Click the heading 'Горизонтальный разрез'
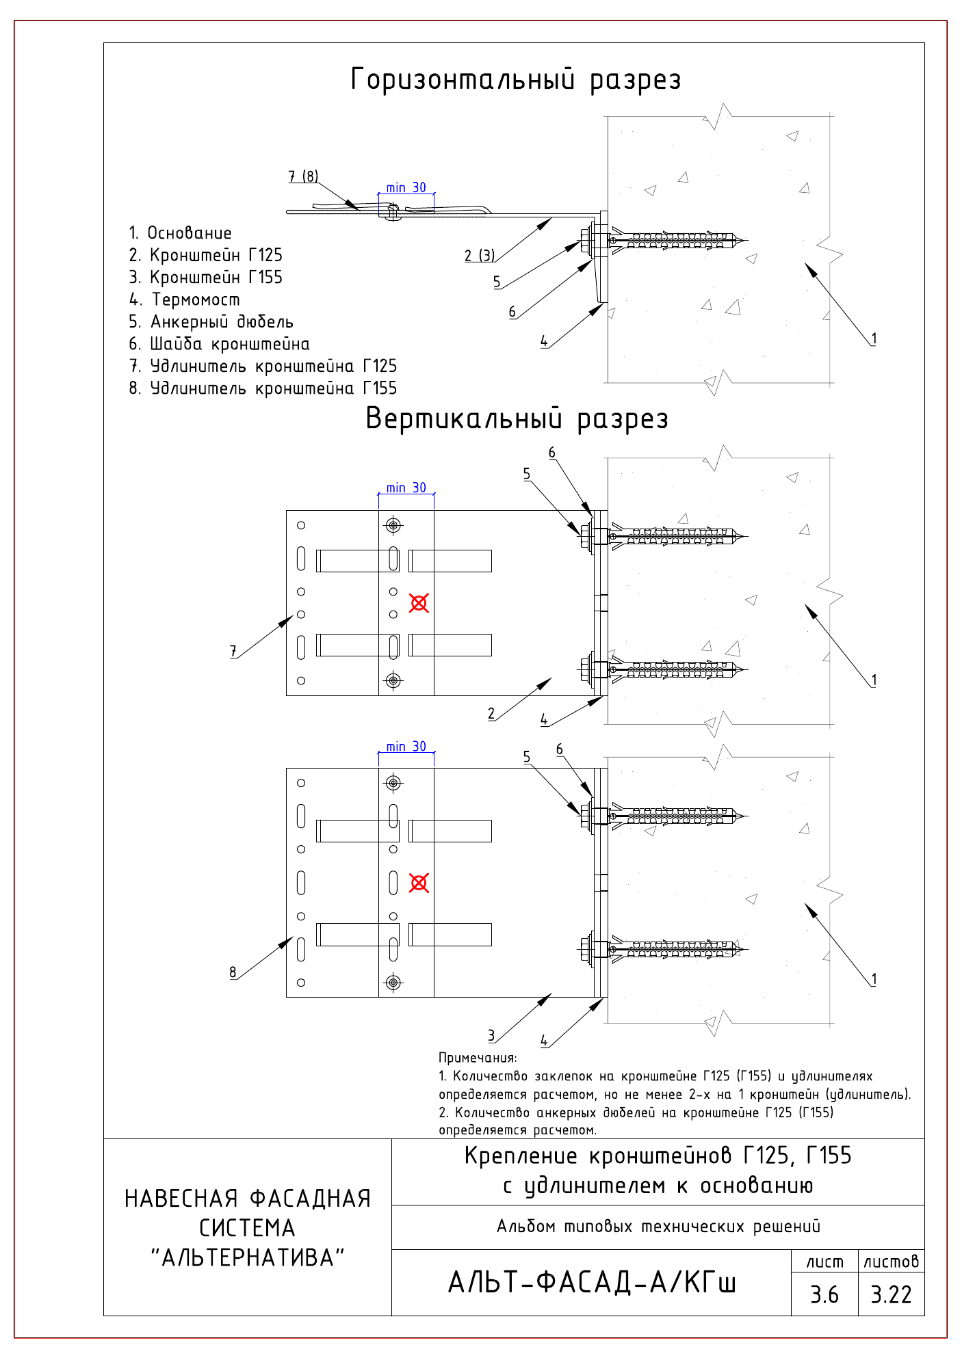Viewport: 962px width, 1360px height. pos(516,79)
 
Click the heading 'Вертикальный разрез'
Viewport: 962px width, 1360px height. pos(517,418)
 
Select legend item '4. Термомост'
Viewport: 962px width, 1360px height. pos(185,299)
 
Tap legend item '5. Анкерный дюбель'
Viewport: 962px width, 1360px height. pos(211,321)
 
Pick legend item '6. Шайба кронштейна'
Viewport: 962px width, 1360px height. pos(220,344)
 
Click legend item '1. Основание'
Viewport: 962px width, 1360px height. pos(181,233)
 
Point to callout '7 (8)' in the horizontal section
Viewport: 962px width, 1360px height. pos(303,176)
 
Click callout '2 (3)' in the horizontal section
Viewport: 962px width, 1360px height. pos(480,255)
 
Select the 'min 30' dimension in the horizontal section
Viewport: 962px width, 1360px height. pos(406,187)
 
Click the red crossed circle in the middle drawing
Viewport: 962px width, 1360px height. pos(419,602)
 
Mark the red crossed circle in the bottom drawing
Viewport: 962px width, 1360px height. pos(419,883)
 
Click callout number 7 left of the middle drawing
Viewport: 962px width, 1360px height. pos(233,651)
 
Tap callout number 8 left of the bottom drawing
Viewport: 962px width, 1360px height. pos(233,972)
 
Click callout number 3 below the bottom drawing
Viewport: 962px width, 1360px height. pos(491,1035)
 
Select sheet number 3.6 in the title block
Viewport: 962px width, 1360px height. pos(824,1294)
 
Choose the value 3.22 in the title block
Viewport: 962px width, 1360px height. pos(891,1294)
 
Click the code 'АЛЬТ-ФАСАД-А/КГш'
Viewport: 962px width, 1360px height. pos(592,1282)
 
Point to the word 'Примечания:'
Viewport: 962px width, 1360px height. pos(478,1058)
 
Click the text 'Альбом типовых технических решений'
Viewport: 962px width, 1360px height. pos(658,1227)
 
